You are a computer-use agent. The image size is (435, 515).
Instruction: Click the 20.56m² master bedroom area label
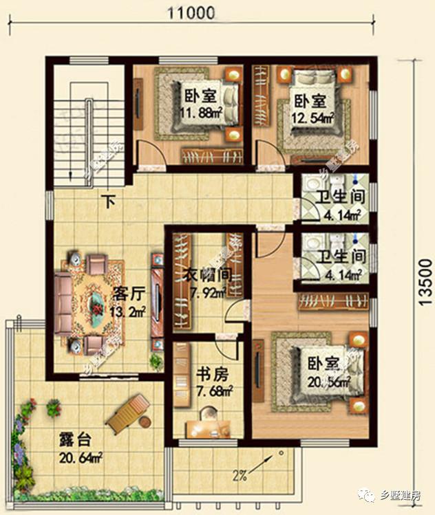(x=330, y=380)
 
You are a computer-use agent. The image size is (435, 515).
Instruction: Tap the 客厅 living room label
(x=128, y=293)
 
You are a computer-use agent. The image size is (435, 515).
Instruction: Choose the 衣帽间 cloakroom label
(x=209, y=276)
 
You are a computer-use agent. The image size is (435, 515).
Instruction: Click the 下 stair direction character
(x=108, y=202)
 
